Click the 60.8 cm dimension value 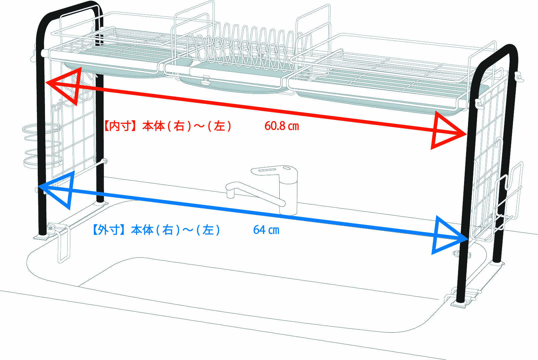(x=281, y=126)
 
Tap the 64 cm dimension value (x=266, y=230)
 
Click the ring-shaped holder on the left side (x=42, y=145)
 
